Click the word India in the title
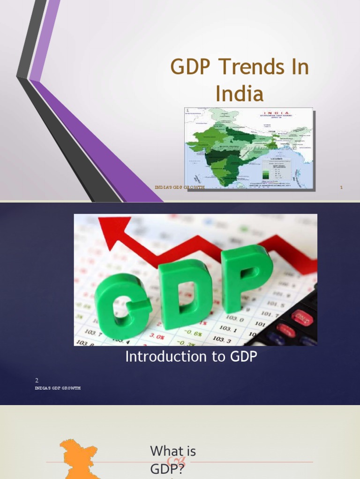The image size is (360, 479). (x=240, y=94)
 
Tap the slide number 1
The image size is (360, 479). (x=342, y=188)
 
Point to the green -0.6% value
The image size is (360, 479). (x=192, y=334)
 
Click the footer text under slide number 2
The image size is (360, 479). (x=58, y=388)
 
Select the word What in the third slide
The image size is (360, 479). (x=166, y=451)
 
